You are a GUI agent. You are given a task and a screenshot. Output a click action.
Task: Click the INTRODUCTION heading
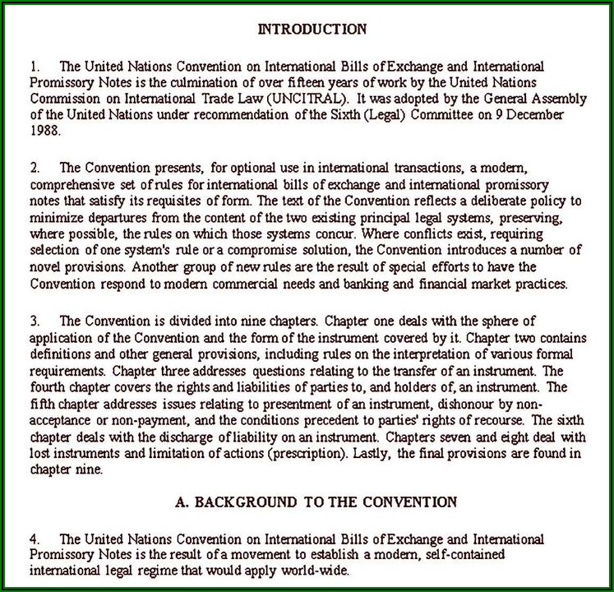(x=312, y=30)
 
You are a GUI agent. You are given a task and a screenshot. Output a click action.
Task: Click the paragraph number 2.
(x=34, y=168)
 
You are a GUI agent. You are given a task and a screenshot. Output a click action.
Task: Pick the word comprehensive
(x=72, y=184)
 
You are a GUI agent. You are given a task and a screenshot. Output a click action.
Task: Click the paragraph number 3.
(x=34, y=320)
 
